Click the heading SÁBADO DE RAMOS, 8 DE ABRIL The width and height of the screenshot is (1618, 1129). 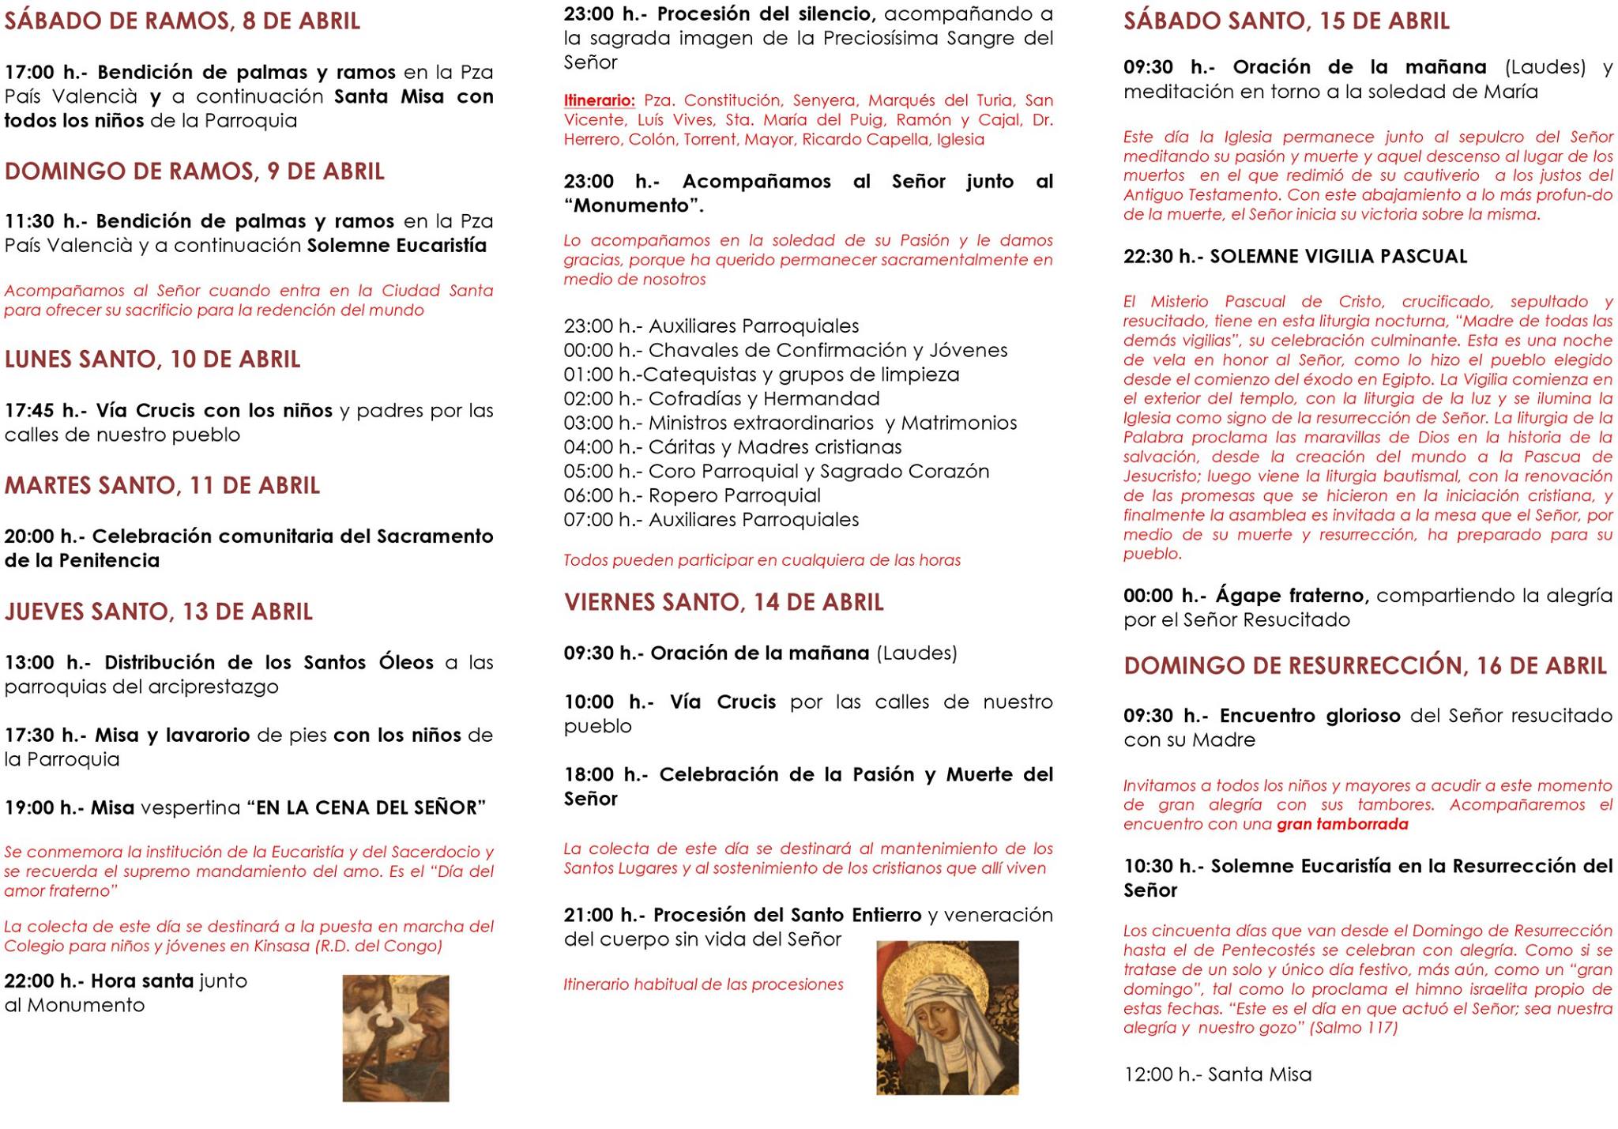pyautogui.click(x=182, y=21)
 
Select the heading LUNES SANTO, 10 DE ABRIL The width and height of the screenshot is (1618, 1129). pyautogui.click(x=152, y=359)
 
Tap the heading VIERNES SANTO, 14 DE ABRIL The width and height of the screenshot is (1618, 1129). pyautogui.click(x=724, y=603)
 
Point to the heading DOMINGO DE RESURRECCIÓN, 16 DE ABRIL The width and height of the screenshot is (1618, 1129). pyautogui.click(x=1365, y=666)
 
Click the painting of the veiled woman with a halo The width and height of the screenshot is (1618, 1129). pyautogui.click(x=947, y=1018)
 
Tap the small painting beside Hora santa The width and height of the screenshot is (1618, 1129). pyautogui.click(x=395, y=1038)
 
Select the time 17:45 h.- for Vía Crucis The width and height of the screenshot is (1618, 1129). pyautogui.click(x=46, y=411)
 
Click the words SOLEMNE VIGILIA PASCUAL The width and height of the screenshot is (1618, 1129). pyautogui.click(x=1338, y=257)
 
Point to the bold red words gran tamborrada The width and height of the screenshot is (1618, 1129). pyautogui.click(x=1342, y=825)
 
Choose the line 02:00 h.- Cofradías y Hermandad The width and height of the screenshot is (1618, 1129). pyautogui.click(x=721, y=399)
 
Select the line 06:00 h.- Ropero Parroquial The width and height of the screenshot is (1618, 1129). pyautogui.click(x=692, y=496)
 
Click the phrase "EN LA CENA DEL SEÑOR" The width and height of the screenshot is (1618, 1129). pyautogui.click(x=366, y=808)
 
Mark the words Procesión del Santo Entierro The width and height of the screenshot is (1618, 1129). pyautogui.click(x=787, y=915)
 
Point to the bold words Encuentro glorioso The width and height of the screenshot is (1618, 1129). pyautogui.click(x=1310, y=716)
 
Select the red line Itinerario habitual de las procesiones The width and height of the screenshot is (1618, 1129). pyautogui.click(x=703, y=984)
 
